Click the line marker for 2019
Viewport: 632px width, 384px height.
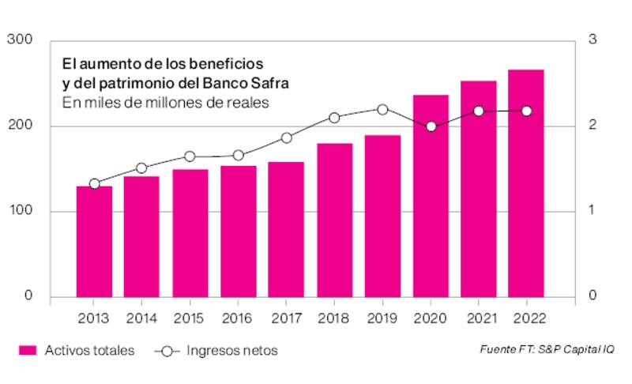coord(382,110)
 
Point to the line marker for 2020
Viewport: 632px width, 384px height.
coord(431,126)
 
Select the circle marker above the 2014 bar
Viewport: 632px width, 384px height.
coord(141,168)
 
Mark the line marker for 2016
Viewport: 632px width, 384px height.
coord(238,156)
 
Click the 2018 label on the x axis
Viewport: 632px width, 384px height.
coord(334,319)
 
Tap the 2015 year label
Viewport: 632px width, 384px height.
coord(190,319)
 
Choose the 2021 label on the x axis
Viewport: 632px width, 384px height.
coord(478,319)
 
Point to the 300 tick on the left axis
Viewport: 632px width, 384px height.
coord(19,40)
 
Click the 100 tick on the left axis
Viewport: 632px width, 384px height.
coord(19,211)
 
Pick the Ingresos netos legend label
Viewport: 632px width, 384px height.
coord(231,350)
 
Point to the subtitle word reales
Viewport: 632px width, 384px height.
coord(248,102)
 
